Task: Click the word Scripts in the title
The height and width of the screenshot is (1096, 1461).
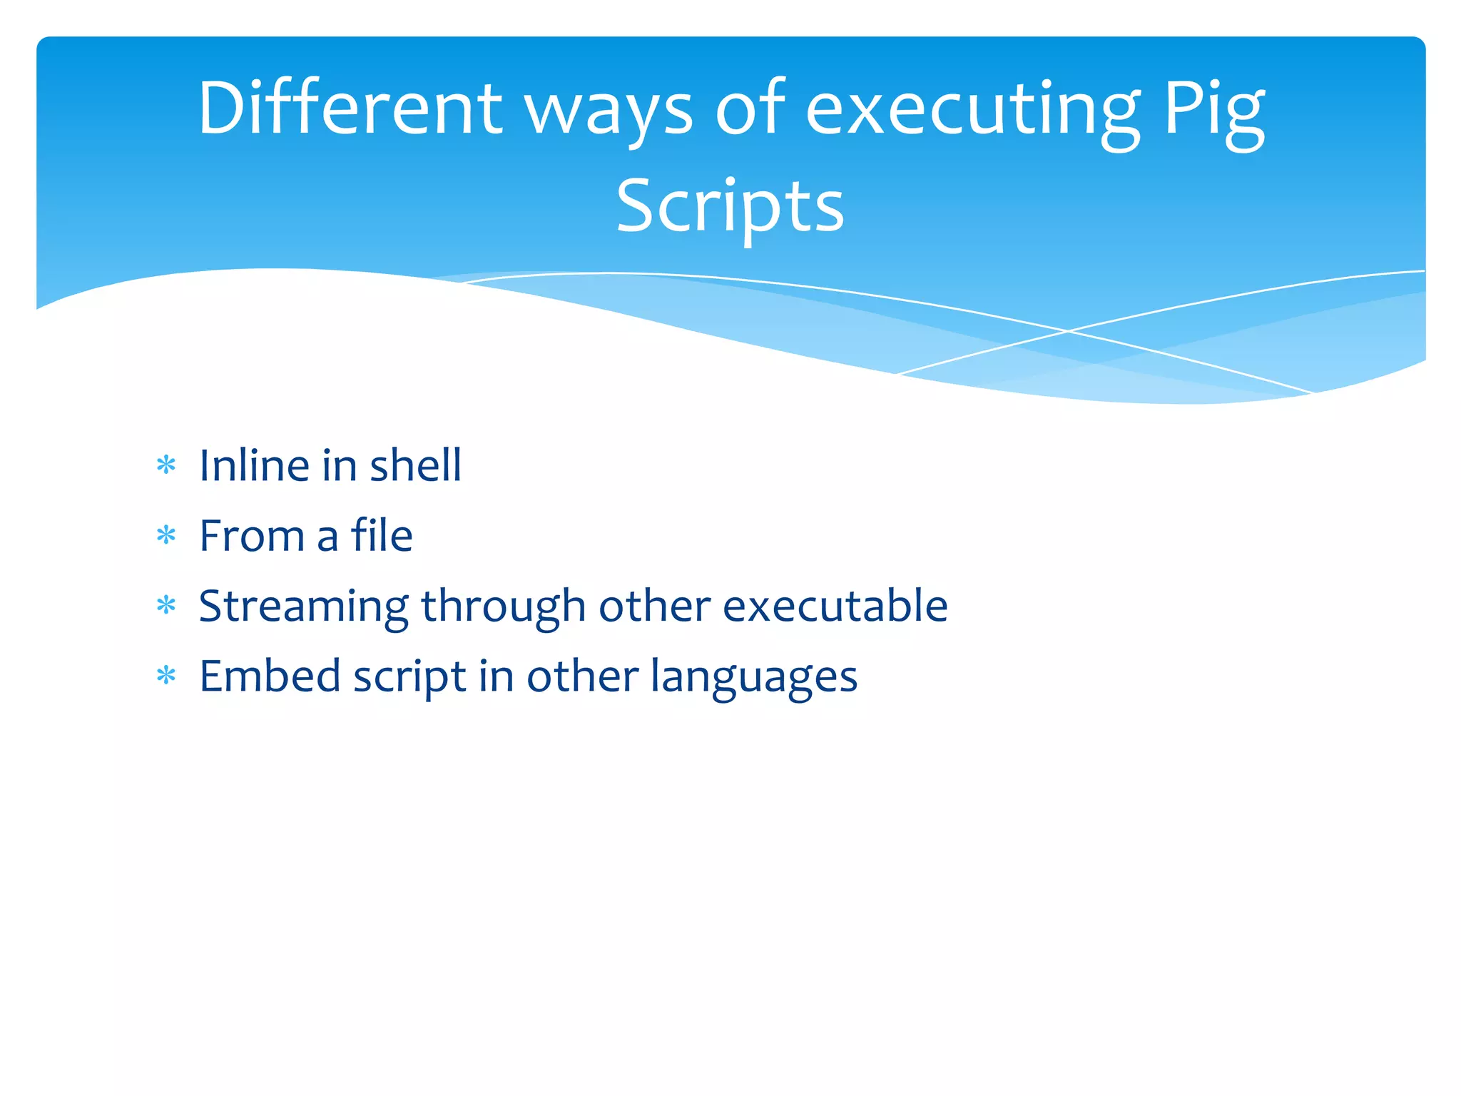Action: tap(730, 207)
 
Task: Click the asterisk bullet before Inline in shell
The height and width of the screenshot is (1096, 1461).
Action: tap(166, 466)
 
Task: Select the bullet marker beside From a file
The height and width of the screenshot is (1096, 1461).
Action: tap(166, 535)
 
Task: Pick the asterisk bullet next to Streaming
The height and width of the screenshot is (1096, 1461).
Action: tap(166, 606)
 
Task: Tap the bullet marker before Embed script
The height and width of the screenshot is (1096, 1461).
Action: tap(166, 675)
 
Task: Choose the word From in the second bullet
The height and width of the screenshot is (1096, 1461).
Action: tap(252, 535)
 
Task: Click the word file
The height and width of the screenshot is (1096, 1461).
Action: tap(382, 534)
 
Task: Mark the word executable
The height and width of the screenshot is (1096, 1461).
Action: tap(835, 605)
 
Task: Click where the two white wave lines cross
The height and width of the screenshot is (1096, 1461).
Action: tap(1068, 331)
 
